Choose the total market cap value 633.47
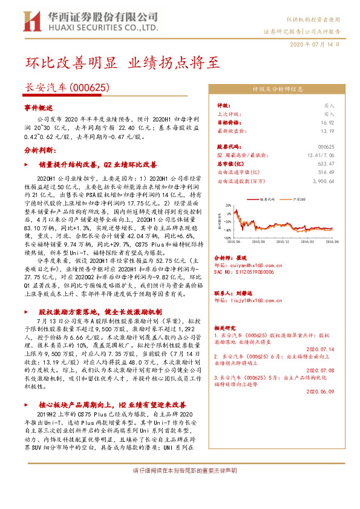click(x=325, y=163)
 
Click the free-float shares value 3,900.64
click(x=321, y=180)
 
